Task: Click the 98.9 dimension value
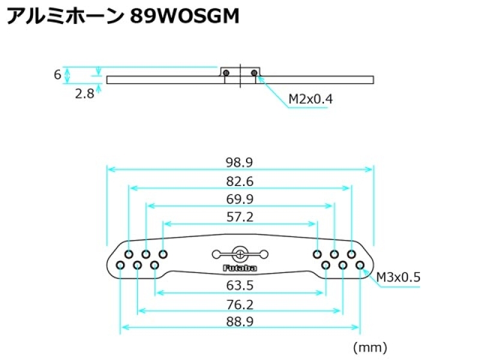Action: click(x=240, y=162)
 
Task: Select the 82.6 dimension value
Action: click(x=240, y=181)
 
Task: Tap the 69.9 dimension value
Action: click(x=240, y=199)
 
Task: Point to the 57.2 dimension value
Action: click(x=240, y=217)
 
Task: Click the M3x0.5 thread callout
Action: click(x=398, y=277)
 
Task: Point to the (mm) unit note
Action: click(x=370, y=347)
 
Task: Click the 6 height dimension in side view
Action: click(x=58, y=74)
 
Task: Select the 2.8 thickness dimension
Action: click(x=85, y=94)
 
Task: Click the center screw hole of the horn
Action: click(x=240, y=253)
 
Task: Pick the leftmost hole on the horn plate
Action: click(x=121, y=265)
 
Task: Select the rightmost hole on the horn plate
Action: click(x=360, y=265)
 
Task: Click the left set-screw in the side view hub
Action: click(x=226, y=73)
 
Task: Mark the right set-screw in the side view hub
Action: click(x=254, y=73)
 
